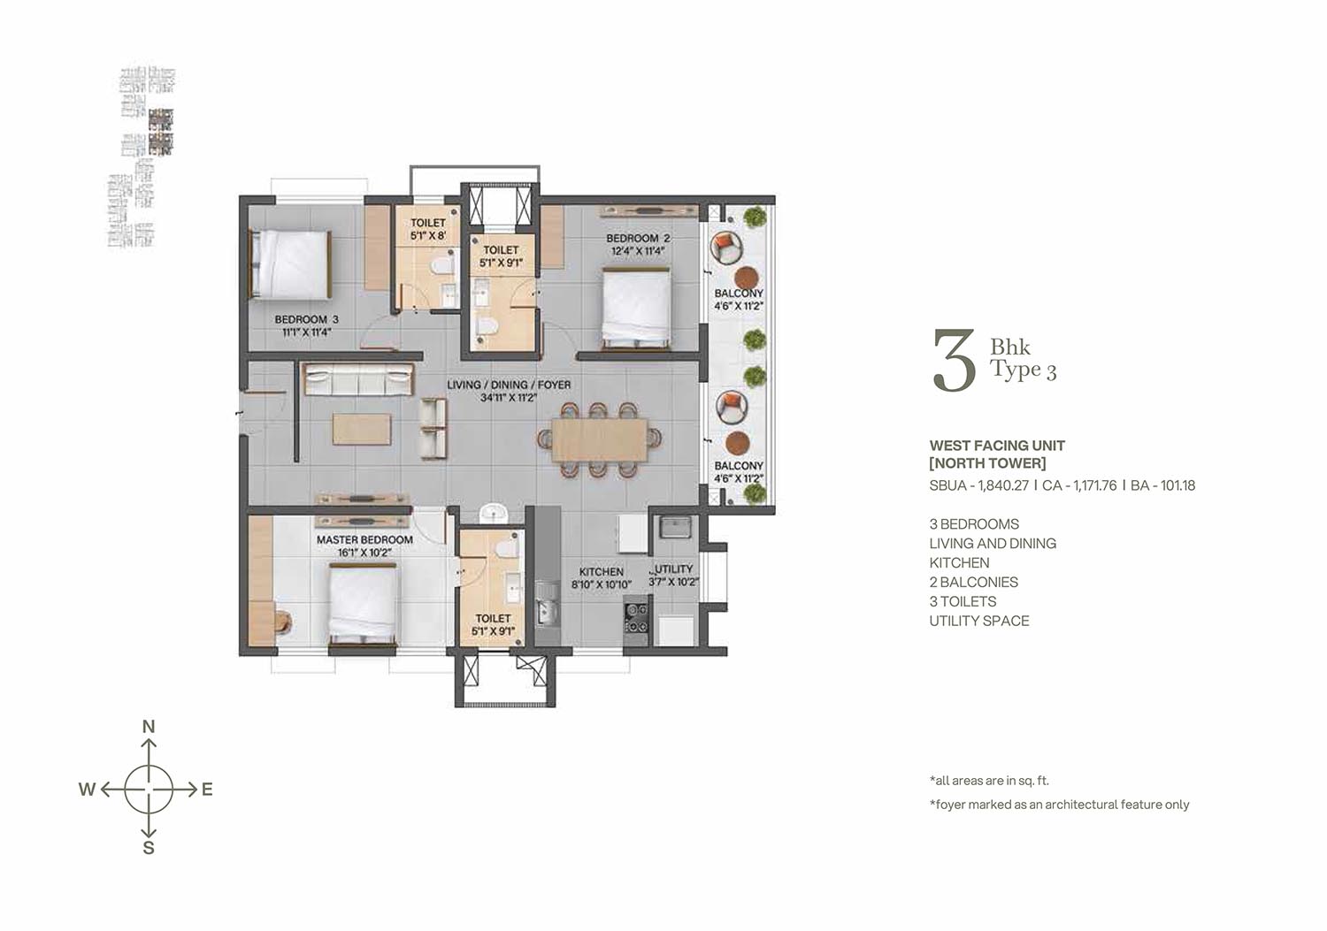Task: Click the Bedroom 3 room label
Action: [x=306, y=319]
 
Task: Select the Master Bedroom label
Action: [x=364, y=540]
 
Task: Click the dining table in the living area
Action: [x=600, y=439]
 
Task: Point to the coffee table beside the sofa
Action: [x=362, y=429]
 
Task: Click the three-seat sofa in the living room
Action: [x=358, y=379]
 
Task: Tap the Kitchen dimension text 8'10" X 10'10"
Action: [x=602, y=584]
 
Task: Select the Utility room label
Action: [x=673, y=569]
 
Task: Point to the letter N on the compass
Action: [x=149, y=727]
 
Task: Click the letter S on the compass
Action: [x=149, y=848]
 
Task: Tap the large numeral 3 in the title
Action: [x=954, y=360]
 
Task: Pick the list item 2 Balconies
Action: [x=973, y=582]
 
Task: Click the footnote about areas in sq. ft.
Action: [x=989, y=781]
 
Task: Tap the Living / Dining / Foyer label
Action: [x=509, y=385]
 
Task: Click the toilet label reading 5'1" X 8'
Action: [x=427, y=236]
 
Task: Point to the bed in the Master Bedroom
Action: [x=363, y=604]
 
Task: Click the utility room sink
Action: [x=675, y=526]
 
